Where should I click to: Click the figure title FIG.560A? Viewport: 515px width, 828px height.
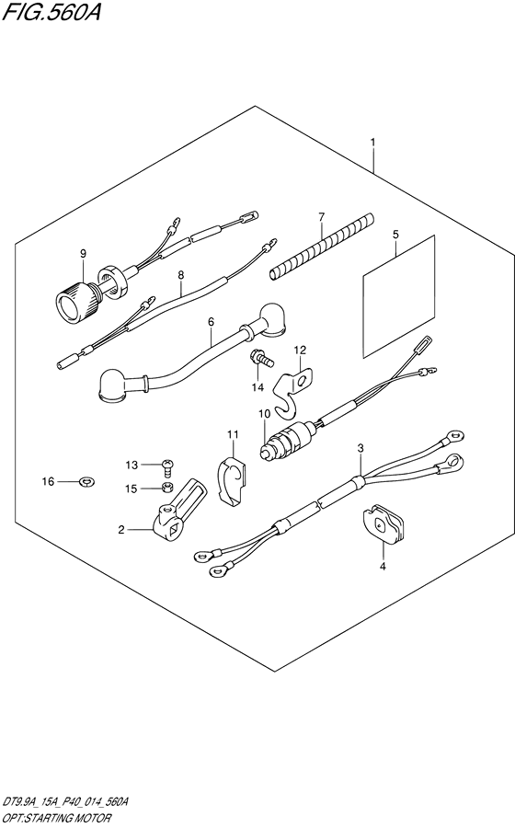point(51,11)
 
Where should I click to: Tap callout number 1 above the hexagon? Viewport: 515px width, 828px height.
point(372,142)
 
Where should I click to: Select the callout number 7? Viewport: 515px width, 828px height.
point(321,216)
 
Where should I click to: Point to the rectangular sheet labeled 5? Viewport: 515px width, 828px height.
point(399,296)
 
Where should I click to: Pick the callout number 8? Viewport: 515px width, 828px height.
point(180,274)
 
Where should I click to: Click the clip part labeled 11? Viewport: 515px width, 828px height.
point(232,477)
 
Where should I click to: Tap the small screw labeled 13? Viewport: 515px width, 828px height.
point(166,466)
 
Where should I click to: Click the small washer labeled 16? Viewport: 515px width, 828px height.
point(87,481)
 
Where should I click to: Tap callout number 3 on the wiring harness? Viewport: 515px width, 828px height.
point(360,448)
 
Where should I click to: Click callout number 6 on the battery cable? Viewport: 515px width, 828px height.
point(211,322)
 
